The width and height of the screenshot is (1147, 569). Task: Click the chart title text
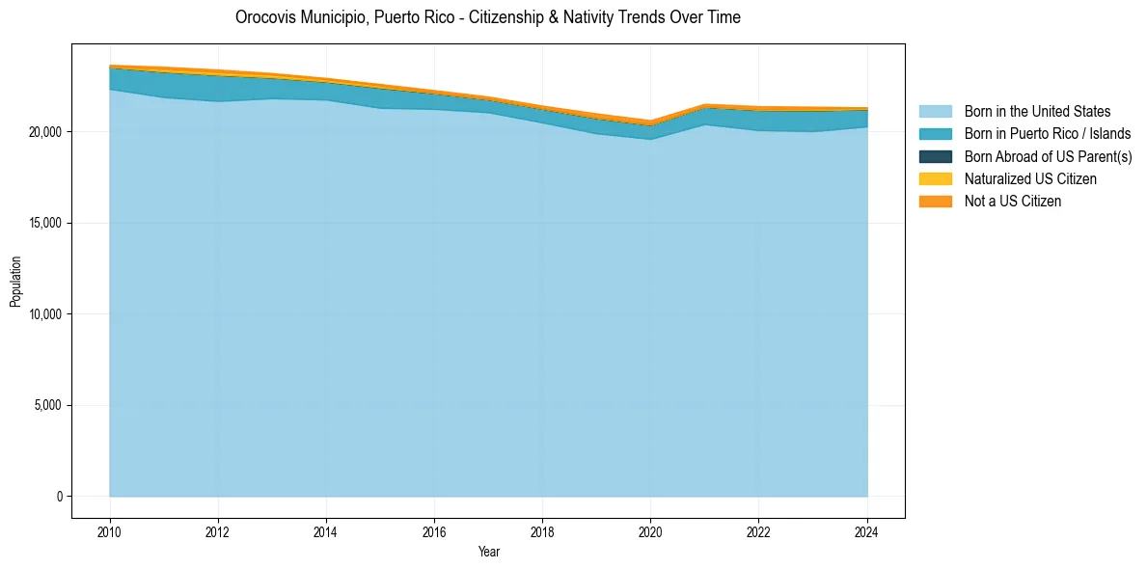488,17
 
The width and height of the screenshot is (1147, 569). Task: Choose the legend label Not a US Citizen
1012,202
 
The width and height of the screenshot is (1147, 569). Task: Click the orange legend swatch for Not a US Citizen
935,202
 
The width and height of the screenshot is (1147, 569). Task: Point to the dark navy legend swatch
935,156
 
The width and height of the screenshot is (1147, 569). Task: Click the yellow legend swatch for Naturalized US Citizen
935,179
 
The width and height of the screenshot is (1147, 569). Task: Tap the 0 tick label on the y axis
60,497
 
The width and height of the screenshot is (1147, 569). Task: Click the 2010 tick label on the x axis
110,530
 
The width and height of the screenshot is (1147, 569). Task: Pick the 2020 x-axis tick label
651,530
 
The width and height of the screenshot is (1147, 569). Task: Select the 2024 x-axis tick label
867,530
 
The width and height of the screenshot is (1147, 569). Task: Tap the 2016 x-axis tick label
435,530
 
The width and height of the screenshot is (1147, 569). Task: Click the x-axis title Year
489,552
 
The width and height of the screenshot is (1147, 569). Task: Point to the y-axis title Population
15,281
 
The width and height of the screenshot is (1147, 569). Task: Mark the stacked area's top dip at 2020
651,122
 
